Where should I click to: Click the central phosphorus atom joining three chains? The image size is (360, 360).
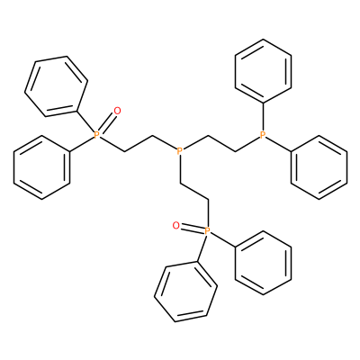pos(180,150)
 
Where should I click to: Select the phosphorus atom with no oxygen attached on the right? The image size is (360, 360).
pos(263,135)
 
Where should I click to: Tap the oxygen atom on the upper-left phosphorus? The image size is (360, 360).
pos(117,111)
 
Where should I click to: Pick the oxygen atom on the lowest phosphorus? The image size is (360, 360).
pos(176,225)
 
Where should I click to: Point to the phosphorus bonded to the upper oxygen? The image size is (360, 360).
pos(96,135)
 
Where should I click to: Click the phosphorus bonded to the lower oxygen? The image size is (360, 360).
pos(207,230)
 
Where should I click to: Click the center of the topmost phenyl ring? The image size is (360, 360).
pos(263,71)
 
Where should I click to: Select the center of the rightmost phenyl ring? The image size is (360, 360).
pos(319,167)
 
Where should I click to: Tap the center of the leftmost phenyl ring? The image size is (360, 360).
pos(41,167)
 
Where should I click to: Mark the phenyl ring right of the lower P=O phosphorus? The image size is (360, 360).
pos(263,263)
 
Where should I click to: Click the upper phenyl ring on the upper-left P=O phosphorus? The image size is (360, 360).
pos(56,86)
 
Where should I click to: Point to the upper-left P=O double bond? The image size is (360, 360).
pos(106,123)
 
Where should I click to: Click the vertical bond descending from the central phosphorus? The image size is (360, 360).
pos(180,168)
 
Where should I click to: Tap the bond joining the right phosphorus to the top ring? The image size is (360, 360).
pos(263,117)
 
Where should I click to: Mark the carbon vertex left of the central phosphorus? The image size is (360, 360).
pos(152,137)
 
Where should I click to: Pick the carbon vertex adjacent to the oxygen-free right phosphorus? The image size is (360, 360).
pos(236,151)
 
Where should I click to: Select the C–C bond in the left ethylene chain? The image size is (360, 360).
pos(139,144)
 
